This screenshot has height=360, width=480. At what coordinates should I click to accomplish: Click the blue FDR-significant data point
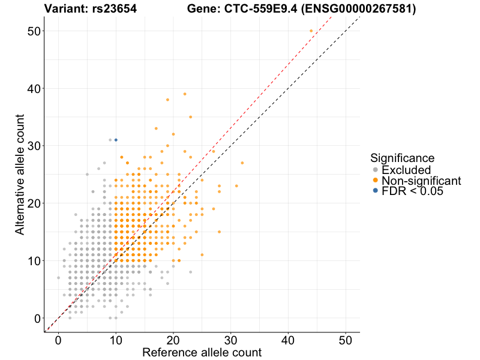(x=116, y=140)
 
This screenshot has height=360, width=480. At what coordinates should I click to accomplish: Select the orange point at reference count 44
(x=311, y=31)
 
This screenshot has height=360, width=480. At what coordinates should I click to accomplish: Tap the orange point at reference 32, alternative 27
(x=242, y=163)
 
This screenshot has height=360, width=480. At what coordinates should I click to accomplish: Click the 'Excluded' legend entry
(x=406, y=170)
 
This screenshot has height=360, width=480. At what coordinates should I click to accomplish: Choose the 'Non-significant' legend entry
(x=421, y=181)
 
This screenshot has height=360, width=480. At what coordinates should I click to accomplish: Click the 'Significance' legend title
(x=402, y=158)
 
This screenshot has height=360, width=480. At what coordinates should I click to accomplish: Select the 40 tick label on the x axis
(x=288, y=339)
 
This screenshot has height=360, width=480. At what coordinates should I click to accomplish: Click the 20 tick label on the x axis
(x=173, y=339)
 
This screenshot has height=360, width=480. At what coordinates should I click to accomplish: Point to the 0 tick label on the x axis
(x=58, y=339)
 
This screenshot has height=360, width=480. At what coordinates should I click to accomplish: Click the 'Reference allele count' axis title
(x=202, y=352)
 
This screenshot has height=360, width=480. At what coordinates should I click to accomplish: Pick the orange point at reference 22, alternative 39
(x=185, y=94)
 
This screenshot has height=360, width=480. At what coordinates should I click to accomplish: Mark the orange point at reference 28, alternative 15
(x=219, y=232)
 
